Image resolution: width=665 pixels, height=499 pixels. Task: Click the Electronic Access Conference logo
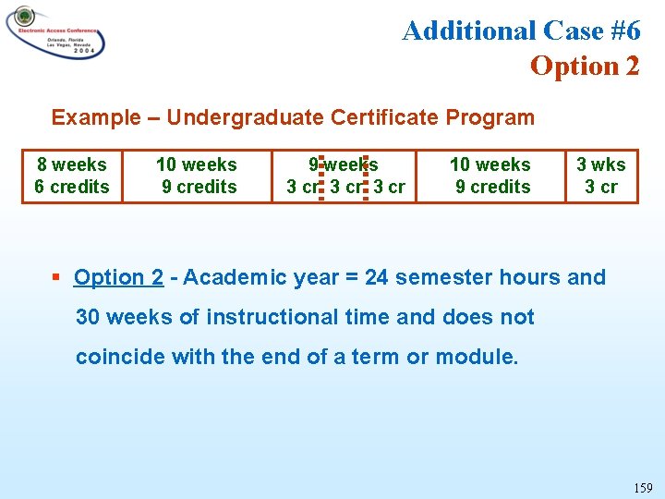54,32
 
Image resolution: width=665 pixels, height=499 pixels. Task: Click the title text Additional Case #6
521,30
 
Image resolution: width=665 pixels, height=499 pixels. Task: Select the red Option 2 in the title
584,66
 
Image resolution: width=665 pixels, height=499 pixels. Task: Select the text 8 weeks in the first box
72,164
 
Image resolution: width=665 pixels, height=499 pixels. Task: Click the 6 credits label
72,187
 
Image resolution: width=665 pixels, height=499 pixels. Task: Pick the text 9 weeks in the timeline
344,164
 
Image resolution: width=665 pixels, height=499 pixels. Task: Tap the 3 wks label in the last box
600,164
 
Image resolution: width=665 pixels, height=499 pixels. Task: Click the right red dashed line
366,176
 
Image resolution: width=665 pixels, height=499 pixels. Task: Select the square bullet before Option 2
57,277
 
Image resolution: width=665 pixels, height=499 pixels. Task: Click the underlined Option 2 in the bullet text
118,277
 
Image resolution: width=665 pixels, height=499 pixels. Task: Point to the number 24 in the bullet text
377,277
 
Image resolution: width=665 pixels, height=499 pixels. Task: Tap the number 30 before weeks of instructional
89,317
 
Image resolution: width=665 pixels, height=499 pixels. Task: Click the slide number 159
643,487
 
